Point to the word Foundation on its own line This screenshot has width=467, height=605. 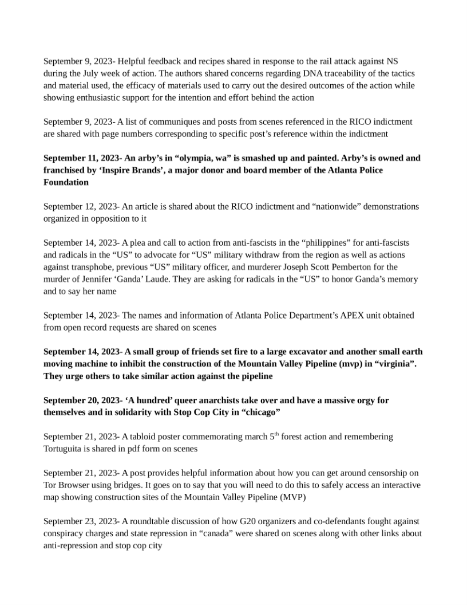point(66,182)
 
